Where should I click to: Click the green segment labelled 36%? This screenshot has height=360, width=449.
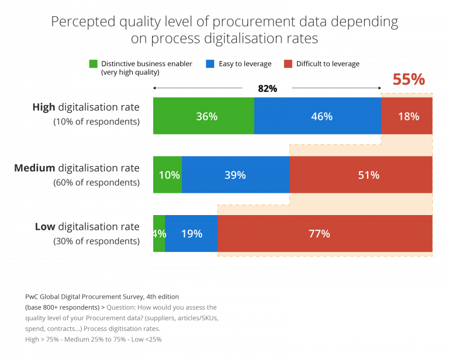(203, 116)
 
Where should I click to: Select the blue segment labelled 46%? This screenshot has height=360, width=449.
(317, 116)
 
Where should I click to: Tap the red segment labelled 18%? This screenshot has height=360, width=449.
(407, 116)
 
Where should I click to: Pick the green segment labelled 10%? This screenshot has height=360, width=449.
(168, 175)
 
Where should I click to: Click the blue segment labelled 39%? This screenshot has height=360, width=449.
(236, 175)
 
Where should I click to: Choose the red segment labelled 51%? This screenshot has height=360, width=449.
(361, 175)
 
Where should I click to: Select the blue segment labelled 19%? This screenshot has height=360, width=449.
(191, 234)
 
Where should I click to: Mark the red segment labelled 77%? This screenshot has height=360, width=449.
(325, 234)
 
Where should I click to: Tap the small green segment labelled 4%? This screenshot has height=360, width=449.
(158, 234)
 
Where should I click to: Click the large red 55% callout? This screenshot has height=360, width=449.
(409, 79)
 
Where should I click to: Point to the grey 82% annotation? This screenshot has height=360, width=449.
(267, 89)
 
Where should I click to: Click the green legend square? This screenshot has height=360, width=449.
(94, 64)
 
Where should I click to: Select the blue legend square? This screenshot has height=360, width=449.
(210, 64)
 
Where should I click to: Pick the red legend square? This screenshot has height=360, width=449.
(288, 64)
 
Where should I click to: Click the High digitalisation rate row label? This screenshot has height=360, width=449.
(86, 108)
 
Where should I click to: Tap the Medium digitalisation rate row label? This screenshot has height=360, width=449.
(77, 168)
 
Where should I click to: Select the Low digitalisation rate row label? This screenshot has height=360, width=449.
(87, 227)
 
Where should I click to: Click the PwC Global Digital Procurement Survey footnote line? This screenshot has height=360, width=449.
(102, 297)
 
